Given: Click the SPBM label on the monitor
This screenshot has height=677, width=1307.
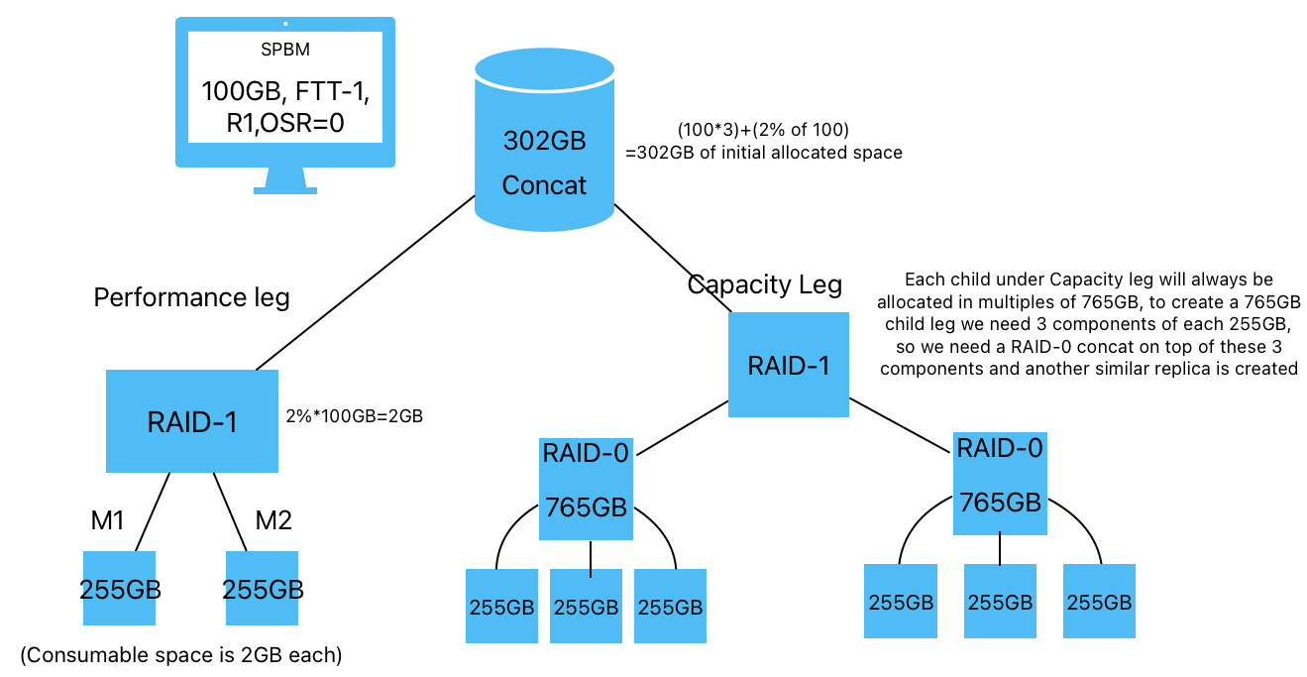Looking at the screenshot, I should click(x=285, y=51).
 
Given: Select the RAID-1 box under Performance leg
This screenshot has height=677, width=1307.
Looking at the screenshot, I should click(x=192, y=421).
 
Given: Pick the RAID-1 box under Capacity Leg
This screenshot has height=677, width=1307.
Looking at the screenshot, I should click(x=789, y=365).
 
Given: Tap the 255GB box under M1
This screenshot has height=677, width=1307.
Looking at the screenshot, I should click(x=119, y=589).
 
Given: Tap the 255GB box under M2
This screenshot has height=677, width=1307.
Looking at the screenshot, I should click(x=263, y=589).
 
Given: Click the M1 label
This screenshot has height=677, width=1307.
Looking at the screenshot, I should click(x=107, y=519).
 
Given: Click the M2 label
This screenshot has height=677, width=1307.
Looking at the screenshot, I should click(x=273, y=519).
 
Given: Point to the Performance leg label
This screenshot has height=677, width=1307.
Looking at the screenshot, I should click(x=191, y=297).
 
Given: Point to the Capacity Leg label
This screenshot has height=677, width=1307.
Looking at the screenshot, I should click(x=764, y=285).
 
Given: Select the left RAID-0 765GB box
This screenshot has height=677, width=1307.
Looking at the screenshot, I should click(x=586, y=489).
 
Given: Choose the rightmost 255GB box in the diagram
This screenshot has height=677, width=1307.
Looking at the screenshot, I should click(x=1099, y=601).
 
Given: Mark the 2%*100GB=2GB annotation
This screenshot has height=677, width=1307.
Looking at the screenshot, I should click(x=354, y=416).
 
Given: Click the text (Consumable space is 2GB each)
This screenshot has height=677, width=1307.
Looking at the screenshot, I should click(x=180, y=655).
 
